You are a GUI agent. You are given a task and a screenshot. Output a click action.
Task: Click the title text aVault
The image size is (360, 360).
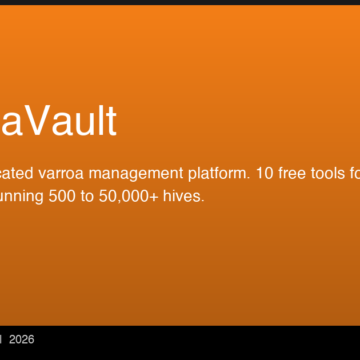point(57,121)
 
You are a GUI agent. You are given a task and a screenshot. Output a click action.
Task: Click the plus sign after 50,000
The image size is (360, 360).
point(165,197)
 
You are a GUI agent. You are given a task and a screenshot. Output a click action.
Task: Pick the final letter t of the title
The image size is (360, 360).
point(111,121)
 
